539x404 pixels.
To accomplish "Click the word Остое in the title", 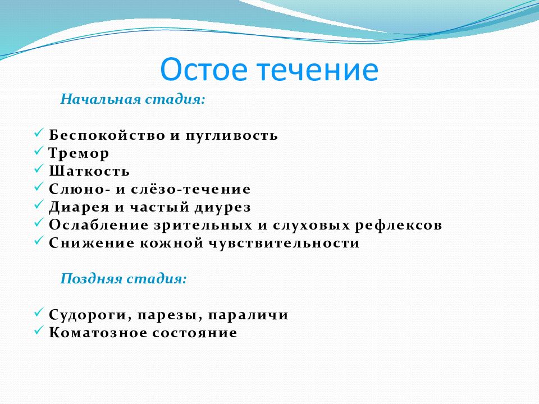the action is pyautogui.click(x=203, y=70).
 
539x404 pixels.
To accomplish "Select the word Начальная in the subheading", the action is pyautogui.click(x=101, y=99).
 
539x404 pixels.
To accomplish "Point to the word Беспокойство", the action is pyautogui.click(x=107, y=135).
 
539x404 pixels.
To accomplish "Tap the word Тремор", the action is pyautogui.click(x=79, y=154).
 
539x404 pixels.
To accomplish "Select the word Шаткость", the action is pyautogui.click(x=89, y=171).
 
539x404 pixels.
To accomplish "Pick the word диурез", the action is pyautogui.click(x=223, y=208).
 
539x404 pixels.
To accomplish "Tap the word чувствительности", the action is pyautogui.click(x=284, y=244).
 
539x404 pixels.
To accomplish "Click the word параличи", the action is pyautogui.click(x=248, y=315).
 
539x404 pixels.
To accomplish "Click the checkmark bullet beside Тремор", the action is pyautogui.click(x=39, y=151).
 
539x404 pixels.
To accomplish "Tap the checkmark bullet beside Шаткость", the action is pyautogui.click(x=39, y=169).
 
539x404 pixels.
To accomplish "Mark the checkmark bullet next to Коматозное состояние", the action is pyautogui.click(x=39, y=330).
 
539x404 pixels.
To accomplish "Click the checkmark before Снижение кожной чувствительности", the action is pyautogui.click(x=39, y=241).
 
